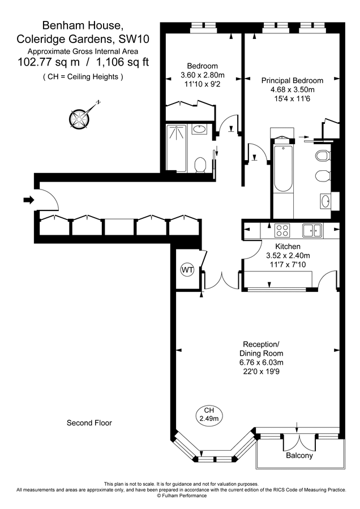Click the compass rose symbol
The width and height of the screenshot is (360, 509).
79,117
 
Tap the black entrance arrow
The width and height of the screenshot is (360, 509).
28,199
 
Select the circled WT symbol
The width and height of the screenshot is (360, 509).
187,270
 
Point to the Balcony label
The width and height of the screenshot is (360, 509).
299,455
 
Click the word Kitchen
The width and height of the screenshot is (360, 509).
288,247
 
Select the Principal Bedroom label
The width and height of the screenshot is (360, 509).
292,80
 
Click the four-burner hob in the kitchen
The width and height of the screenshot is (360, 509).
282,230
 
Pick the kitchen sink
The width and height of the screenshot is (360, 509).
311,230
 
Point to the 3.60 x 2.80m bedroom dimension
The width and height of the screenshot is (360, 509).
202,75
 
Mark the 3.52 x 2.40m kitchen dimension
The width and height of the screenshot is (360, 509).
288,255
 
